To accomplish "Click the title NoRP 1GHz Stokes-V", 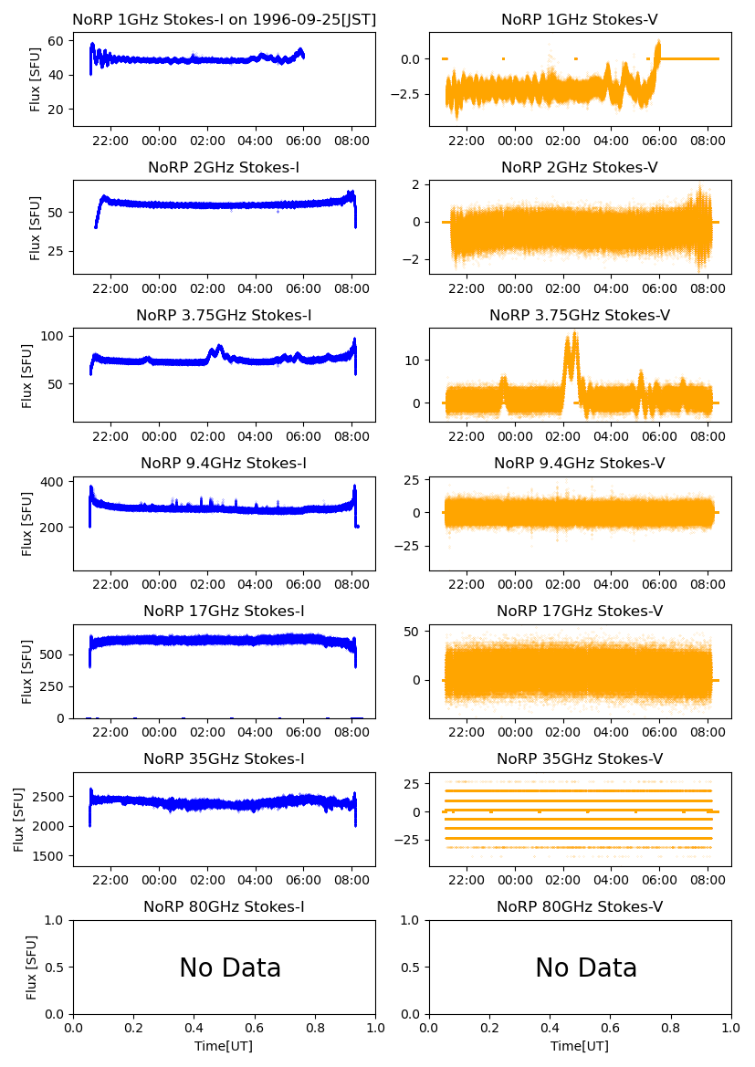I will pos(580,20).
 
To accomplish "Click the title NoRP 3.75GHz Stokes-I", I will pos(224,316).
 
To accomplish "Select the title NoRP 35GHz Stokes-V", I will pos(580,759).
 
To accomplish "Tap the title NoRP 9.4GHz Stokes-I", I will pos(224,464).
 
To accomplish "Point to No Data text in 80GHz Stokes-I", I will pos(230,968).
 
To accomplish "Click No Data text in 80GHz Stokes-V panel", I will pos(586,968).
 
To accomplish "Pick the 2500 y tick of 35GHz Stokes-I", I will pos(52,797).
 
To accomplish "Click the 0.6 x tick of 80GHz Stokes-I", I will pos(255,1028).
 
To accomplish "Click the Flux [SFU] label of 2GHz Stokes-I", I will pos(36,227).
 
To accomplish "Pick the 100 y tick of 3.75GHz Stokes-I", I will pos(52,336).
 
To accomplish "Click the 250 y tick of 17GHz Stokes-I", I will pos(52,686).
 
